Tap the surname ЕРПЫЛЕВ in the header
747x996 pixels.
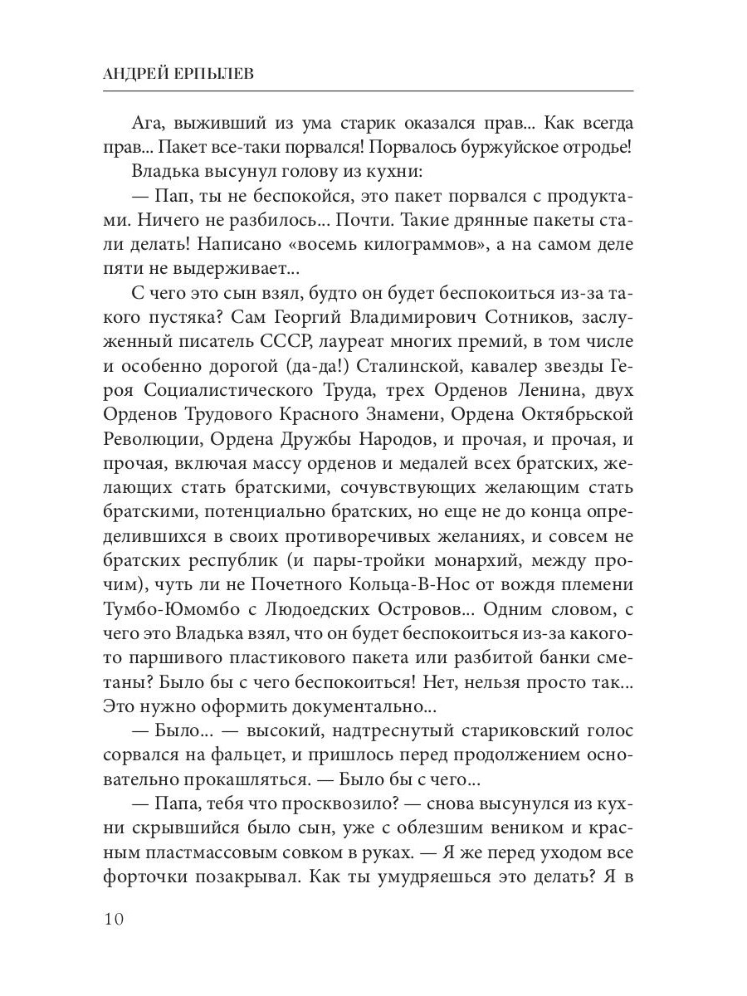coord(207,73)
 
